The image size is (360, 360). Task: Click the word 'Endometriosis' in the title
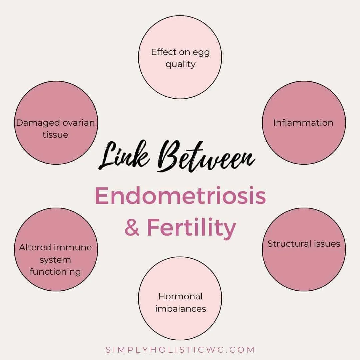point(180,196)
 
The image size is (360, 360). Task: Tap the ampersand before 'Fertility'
point(132,228)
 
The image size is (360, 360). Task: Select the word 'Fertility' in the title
point(191,228)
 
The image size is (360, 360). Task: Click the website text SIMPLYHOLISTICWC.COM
point(180,350)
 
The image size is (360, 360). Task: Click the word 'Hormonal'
point(180,296)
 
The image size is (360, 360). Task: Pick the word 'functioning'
point(55,272)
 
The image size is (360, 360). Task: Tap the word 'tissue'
point(55,135)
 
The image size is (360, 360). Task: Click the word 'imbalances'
point(180,308)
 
